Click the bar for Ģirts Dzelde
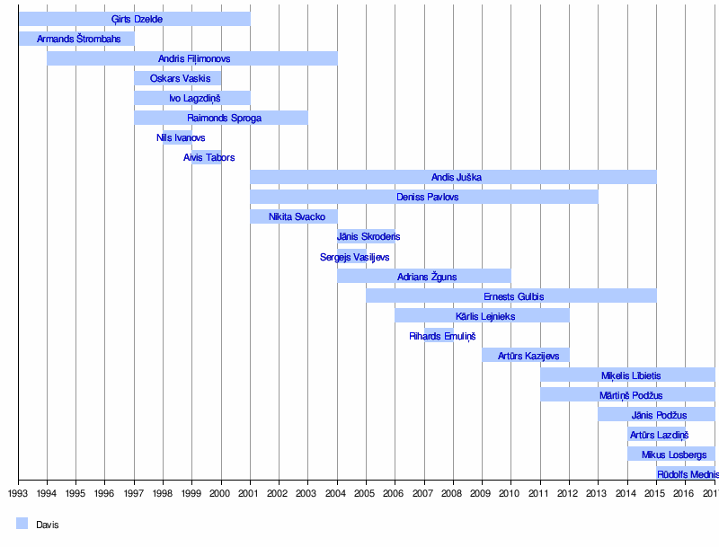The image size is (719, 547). tap(134, 19)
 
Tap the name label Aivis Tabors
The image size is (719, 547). tap(209, 157)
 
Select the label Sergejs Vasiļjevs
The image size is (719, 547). tap(355, 257)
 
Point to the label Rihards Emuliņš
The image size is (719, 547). tap(442, 336)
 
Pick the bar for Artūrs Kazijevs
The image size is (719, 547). tap(525, 355)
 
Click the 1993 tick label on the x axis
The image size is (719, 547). tap(18, 493)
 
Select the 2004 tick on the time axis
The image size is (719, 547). tap(337, 493)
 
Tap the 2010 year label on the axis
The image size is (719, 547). tap(510, 493)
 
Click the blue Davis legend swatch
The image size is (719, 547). tap(22, 524)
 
